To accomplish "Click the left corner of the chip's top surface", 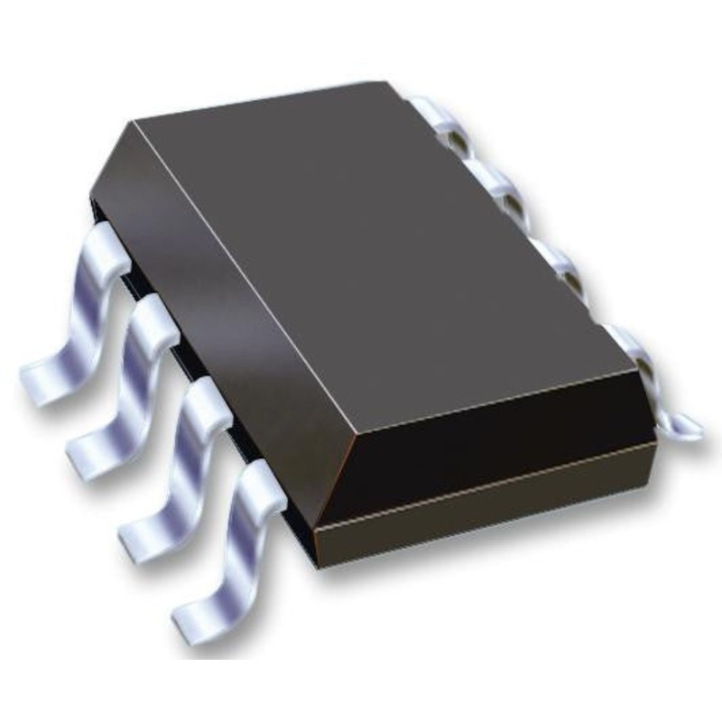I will click(135, 122).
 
